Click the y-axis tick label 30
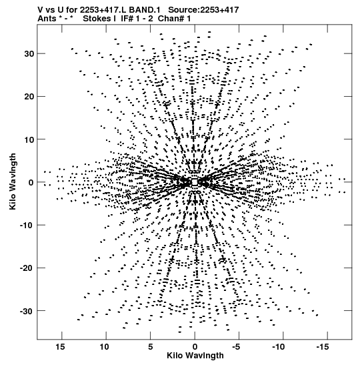click(x=29, y=54)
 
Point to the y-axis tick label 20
click(x=29, y=96)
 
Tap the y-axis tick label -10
click(x=27, y=226)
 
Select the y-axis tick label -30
click(x=27, y=311)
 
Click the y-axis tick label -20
click(x=27, y=268)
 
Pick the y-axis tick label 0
click(x=31, y=183)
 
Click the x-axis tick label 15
click(x=60, y=347)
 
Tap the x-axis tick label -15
click(x=323, y=347)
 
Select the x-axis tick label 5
click(x=150, y=347)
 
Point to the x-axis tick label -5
click(x=236, y=347)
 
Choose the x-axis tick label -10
click(x=279, y=347)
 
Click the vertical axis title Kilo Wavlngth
click(x=13, y=181)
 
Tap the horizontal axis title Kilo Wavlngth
click(x=195, y=356)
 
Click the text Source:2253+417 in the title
click(x=203, y=10)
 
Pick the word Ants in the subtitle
click(x=47, y=19)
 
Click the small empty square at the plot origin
click(x=195, y=182)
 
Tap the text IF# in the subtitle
click(x=127, y=19)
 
